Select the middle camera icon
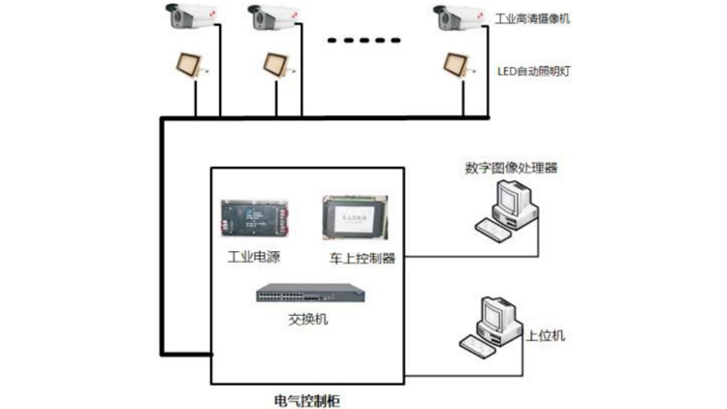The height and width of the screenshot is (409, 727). click(271, 16)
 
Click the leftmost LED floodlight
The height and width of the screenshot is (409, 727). click(187, 64)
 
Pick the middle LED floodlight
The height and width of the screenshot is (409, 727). click(276, 64)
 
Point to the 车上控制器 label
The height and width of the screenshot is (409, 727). click(363, 259)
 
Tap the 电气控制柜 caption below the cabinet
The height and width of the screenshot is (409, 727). click(308, 399)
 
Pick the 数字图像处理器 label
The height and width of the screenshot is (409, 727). click(511, 167)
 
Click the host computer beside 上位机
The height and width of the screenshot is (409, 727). click(490, 328)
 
